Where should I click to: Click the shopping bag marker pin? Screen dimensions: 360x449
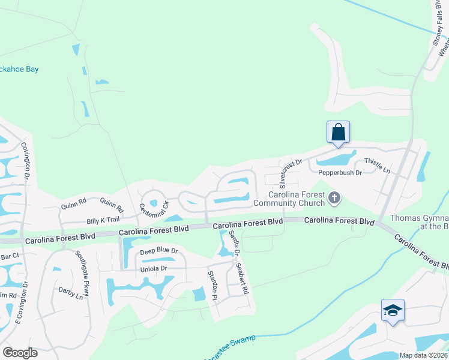[x=338, y=132]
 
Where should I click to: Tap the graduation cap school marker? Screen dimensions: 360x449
[x=393, y=310]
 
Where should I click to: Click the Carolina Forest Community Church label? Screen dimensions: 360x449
[x=297, y=199]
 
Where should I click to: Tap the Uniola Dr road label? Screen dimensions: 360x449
[x=153, y=268]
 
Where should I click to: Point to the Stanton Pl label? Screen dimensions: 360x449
[x=211, y=285]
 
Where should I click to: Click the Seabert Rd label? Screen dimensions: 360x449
[x=242, y=278]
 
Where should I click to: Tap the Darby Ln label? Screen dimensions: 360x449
[x=70, y=293]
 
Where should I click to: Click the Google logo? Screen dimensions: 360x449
[x=20, y=353]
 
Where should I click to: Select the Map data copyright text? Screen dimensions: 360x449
[x=423, y=355]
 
